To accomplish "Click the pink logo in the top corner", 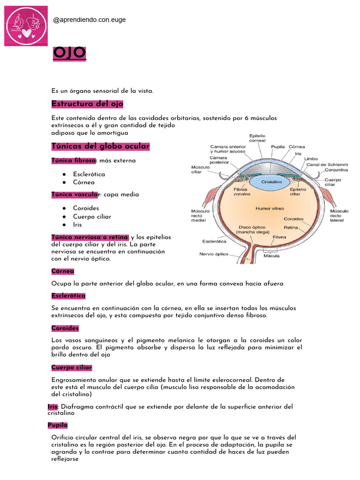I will tap(26, 26).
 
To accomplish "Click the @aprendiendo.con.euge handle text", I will tap(90, 20).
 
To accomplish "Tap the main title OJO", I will tap(69, 53).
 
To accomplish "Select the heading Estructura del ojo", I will tap(87, 104).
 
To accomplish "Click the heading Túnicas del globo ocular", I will tap(100, 146).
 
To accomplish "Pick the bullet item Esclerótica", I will tap(89, 174).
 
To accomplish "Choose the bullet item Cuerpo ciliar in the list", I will tap(92, 217).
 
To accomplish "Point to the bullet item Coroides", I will tap(86, 208).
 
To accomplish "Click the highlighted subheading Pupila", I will tap(58, 425).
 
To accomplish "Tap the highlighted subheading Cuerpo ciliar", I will tap(72, 367).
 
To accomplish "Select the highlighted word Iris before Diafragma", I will tap(52, 407).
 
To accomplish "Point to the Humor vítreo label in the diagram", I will tap(270, 208).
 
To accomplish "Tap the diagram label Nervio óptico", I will tap(214, 255).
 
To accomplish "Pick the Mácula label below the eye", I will tap(271, 255).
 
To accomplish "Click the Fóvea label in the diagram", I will tap(279, 237).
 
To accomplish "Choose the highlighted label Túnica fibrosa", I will tap(74, 160).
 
